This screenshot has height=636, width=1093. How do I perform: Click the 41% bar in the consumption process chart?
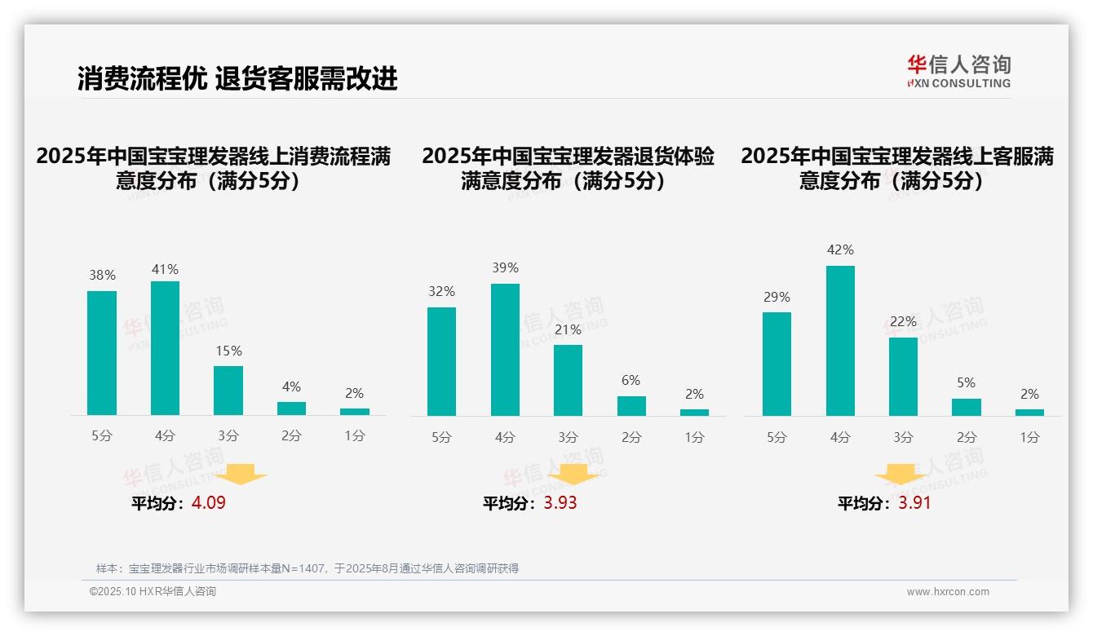click(x=165, y=348)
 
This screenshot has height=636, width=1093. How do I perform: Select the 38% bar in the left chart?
click(x=102, y=353)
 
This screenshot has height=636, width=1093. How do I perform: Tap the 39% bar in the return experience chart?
click(x=505, y=350)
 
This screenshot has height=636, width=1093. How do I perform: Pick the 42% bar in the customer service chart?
click(x=840, y=341)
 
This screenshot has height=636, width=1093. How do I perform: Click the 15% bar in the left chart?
click(x=228, y=391)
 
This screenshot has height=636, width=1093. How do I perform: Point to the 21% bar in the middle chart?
click(x=568, y=380)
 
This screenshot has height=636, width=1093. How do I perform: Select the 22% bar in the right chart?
click(x=903, y=377)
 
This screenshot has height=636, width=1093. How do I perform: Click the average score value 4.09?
click(x=209, y=503)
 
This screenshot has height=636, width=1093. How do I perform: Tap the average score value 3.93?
click(x=560, y=503)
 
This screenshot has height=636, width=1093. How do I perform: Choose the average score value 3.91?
click(x=914, y=503)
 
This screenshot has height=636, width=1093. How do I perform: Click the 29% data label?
click(x=777, y=298)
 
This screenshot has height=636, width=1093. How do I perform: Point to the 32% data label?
click(x=441, y=292)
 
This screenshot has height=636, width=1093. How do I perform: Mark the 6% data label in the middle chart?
click(x=631, y=381)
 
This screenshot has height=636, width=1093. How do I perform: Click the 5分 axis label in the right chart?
click(x=777, y=438)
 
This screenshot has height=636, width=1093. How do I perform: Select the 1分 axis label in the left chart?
click(x=354, y=436)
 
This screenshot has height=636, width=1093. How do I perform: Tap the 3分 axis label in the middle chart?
click(x=568, y=438)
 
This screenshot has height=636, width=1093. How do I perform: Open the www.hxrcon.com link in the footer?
click(x=948, y=592)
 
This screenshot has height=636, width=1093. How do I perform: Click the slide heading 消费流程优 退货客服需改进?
click(x=237, y=78)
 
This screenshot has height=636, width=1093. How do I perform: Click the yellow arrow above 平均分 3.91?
click(x=901, y=475)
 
